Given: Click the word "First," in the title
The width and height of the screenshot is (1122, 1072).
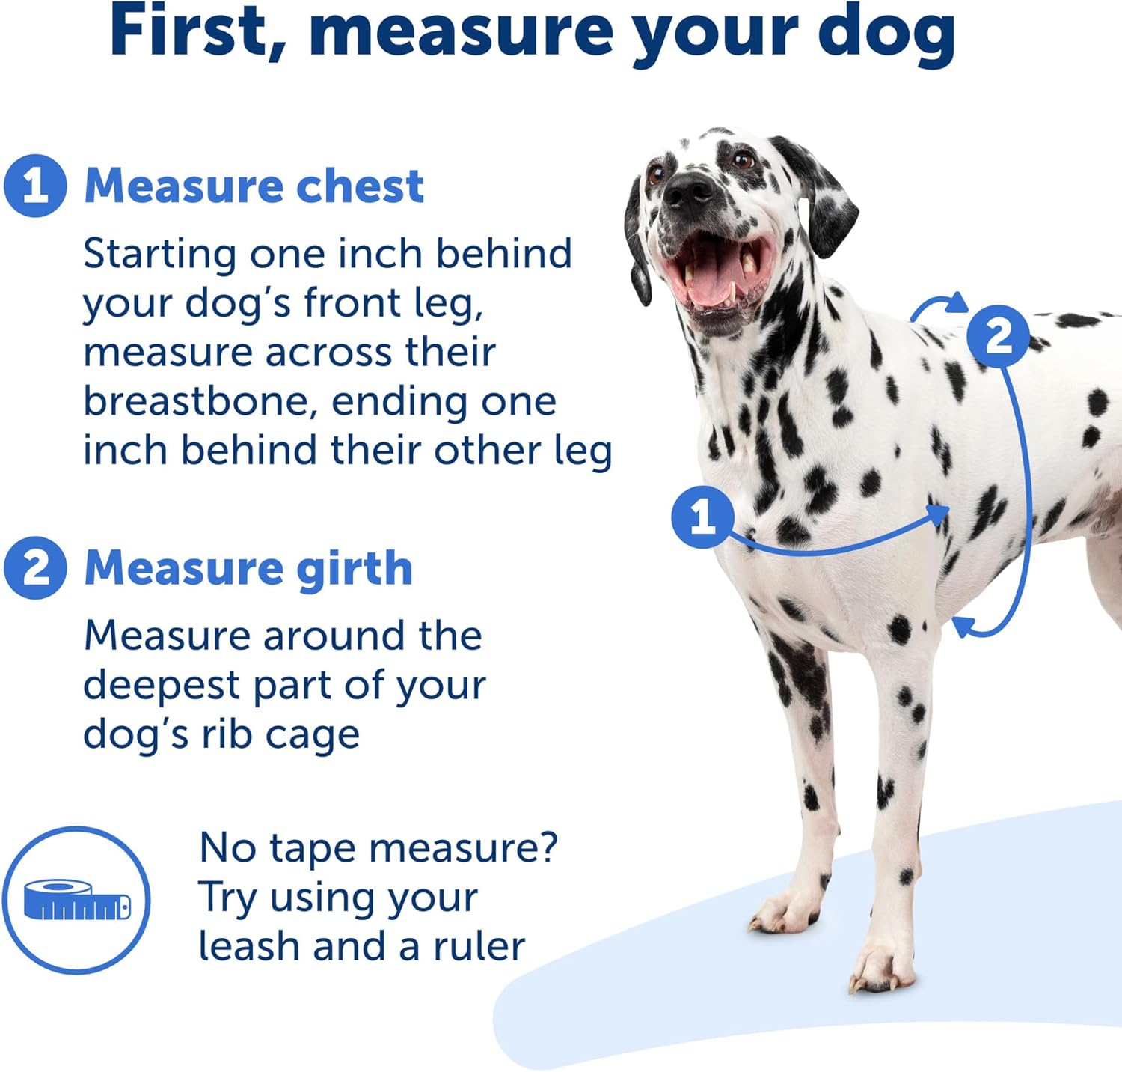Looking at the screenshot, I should [x=197, y=31].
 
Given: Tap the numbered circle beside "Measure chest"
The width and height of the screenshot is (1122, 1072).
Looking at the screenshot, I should [x=35, y=186].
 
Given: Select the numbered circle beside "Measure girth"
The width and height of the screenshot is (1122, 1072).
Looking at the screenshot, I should [x=35, y=567].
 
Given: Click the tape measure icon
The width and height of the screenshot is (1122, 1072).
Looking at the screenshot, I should [x=76, y=900].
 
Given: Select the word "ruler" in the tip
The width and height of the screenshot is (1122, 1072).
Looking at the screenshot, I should [x=479, y=946].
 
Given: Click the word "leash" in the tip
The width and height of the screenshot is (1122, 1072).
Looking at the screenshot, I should [x=250, y=946].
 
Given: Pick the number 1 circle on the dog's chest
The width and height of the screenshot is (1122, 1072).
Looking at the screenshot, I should [x=702, y=517].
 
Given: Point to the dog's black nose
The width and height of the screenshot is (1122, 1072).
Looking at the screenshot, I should [x=688, y=189].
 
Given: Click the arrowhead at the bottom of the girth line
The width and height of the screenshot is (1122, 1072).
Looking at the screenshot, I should [x=962, y=626].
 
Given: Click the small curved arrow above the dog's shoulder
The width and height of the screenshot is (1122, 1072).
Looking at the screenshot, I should [x=938, y=306].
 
